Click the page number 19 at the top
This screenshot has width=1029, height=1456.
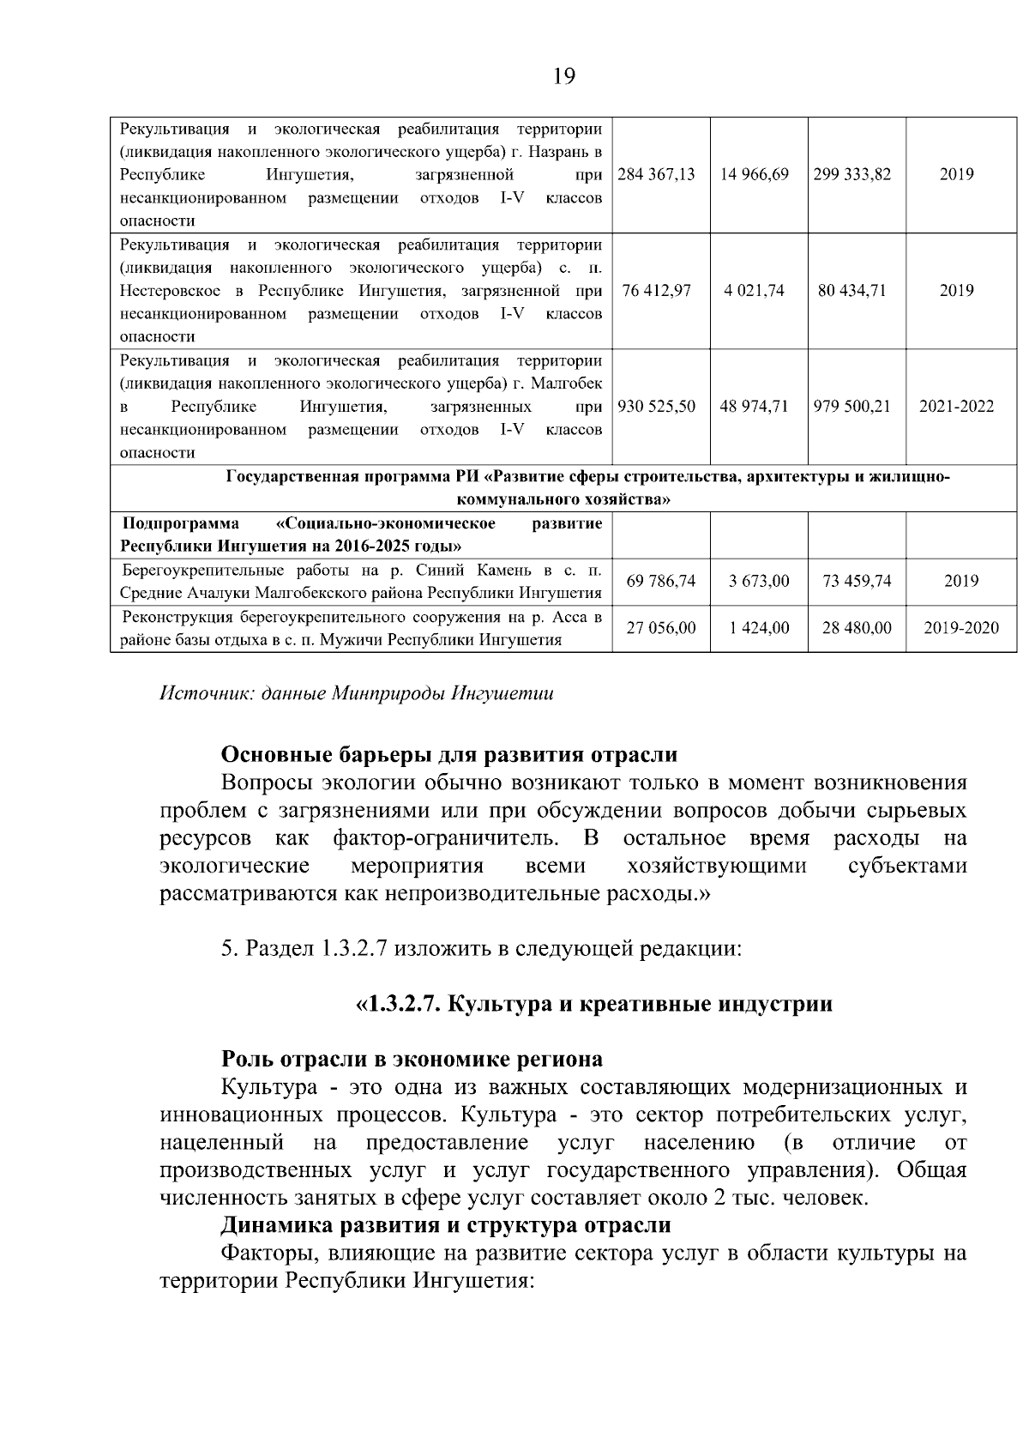563,76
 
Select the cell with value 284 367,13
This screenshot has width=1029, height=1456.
657,174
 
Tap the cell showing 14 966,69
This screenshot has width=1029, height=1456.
755,174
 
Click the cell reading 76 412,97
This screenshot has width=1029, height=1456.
657,290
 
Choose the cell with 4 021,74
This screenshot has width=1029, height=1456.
755,290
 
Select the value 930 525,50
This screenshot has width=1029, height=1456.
657,406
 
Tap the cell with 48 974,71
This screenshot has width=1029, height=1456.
755,406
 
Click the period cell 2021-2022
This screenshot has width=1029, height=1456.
957,406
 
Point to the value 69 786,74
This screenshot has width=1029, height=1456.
661,581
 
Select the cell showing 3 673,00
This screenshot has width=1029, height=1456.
759,581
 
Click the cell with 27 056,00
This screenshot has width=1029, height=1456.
661,628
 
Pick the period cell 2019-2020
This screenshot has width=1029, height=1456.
961,628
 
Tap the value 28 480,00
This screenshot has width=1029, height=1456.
857,628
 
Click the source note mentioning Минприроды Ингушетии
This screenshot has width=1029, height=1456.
357,693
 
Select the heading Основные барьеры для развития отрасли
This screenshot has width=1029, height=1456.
448,754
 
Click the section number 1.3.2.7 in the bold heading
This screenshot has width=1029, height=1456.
404,1004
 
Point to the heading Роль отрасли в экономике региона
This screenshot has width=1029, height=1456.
412,1059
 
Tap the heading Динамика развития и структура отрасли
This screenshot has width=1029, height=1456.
446,1224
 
